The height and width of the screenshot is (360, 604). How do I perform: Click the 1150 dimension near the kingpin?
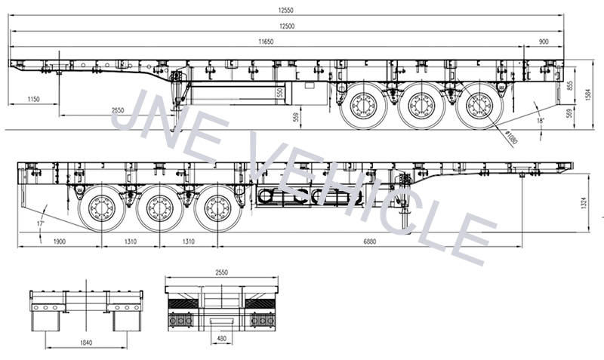pyautogui.click(x=33, y=99)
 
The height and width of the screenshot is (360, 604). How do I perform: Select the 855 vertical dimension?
pyautogui.click(x=569, y=85)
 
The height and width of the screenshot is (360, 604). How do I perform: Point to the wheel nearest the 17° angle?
pyautogui.click(x=100, y=208)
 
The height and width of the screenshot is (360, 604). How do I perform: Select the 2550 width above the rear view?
pyautogui.click(x=220, y=272)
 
